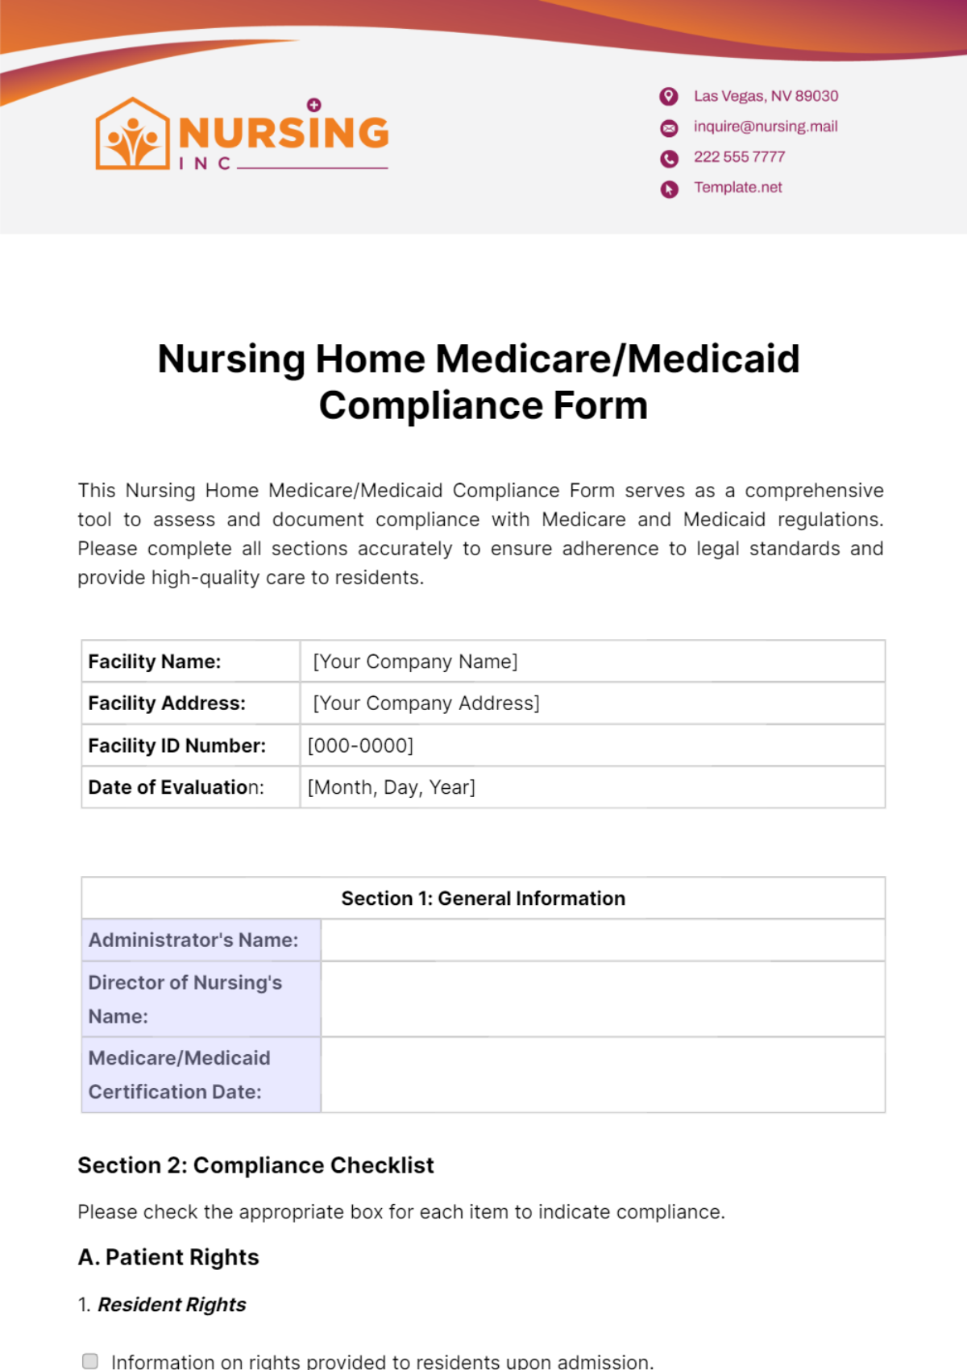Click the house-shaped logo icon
[132, 135]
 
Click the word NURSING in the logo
[284, 133]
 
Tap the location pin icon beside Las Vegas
[669, 97]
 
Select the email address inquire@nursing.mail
[766, 127]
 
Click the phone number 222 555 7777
[739, 157]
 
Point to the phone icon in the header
[669, 159]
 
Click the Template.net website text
[738, 188]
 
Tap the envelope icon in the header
[669, 128]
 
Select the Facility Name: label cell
[190, 662]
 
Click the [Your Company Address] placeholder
[425, 704]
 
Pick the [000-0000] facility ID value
[360, 745]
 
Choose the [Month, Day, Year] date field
[392, 787]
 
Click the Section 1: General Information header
[483, 899]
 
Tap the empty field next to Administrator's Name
[602, 940]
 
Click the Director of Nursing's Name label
[185, 999]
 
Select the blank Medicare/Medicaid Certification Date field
[602, 1075]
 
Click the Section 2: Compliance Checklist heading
[255, 1165]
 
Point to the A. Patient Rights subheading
[168, 1257]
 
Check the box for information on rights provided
[90, 1361]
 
